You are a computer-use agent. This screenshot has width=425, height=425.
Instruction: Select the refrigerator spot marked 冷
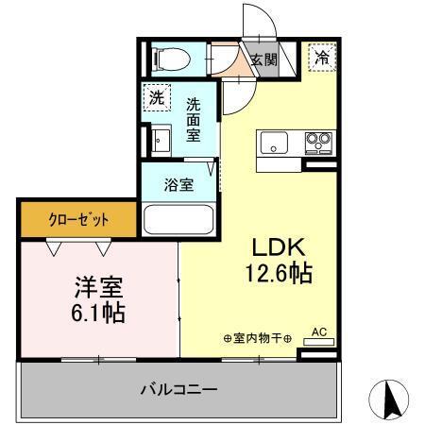(322, 59)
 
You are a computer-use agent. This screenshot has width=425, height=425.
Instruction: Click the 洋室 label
(96, 285)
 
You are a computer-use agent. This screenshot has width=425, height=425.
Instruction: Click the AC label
(318, 332)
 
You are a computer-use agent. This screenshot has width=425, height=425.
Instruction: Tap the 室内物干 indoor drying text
(256, 337)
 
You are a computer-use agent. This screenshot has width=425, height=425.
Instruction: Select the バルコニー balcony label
(179, 389)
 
